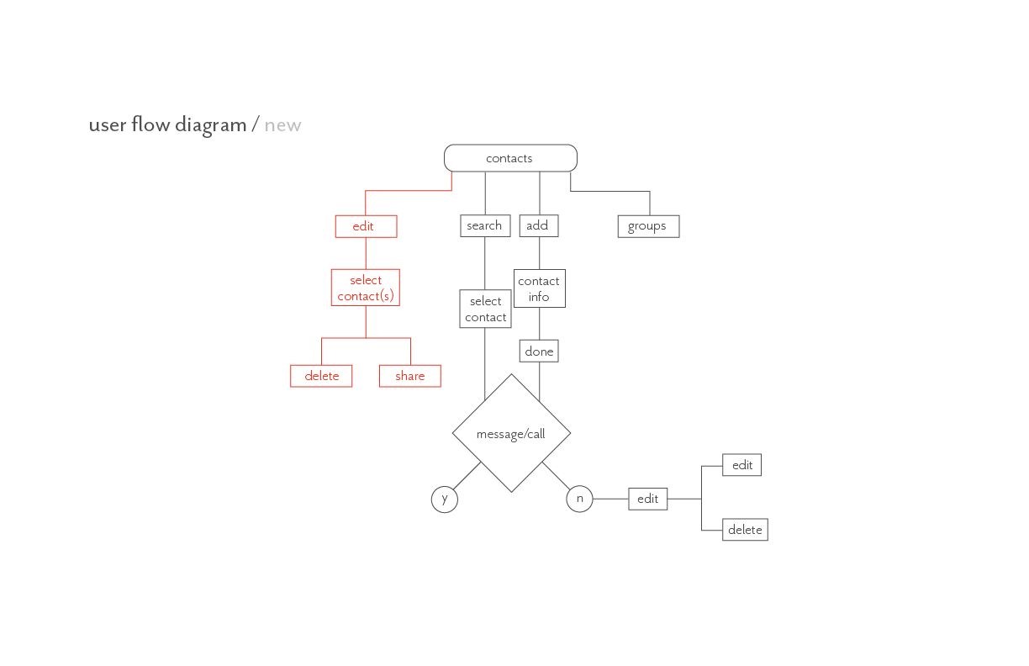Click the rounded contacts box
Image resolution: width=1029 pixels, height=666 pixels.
(x=510, y=158)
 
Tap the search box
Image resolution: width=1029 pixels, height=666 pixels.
(x=485, y=225)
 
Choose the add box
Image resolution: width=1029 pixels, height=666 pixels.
(x=538, y=225)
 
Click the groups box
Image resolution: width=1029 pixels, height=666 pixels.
(x=648, y=226)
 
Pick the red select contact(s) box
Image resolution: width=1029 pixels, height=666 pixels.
(x=366, y=288)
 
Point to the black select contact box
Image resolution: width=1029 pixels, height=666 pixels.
(x=485, y=309)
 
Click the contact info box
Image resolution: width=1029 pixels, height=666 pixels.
(x=540, y=288)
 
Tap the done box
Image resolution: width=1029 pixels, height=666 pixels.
(x=539, y=351)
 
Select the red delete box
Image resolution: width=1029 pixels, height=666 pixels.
(x=321, y=376)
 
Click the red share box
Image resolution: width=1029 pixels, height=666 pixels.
(x=410, y=376)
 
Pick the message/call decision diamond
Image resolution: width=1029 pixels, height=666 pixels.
(x=511, y=433)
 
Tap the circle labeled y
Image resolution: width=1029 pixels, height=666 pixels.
(x=445, y=499)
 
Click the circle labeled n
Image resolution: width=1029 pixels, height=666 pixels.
(x=579, y=499)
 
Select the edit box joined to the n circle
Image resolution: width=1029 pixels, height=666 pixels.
(x=648, y=499)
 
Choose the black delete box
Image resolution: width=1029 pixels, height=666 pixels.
(x=745, y=530)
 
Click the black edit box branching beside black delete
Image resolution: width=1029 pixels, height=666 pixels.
(x=741, y=465)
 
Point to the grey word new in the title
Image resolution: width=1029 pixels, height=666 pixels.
(x=282, y=125)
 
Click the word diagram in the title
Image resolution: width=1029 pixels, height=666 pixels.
(x=210, y=125)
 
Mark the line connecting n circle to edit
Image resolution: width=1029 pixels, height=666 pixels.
(x=610, y=499)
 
